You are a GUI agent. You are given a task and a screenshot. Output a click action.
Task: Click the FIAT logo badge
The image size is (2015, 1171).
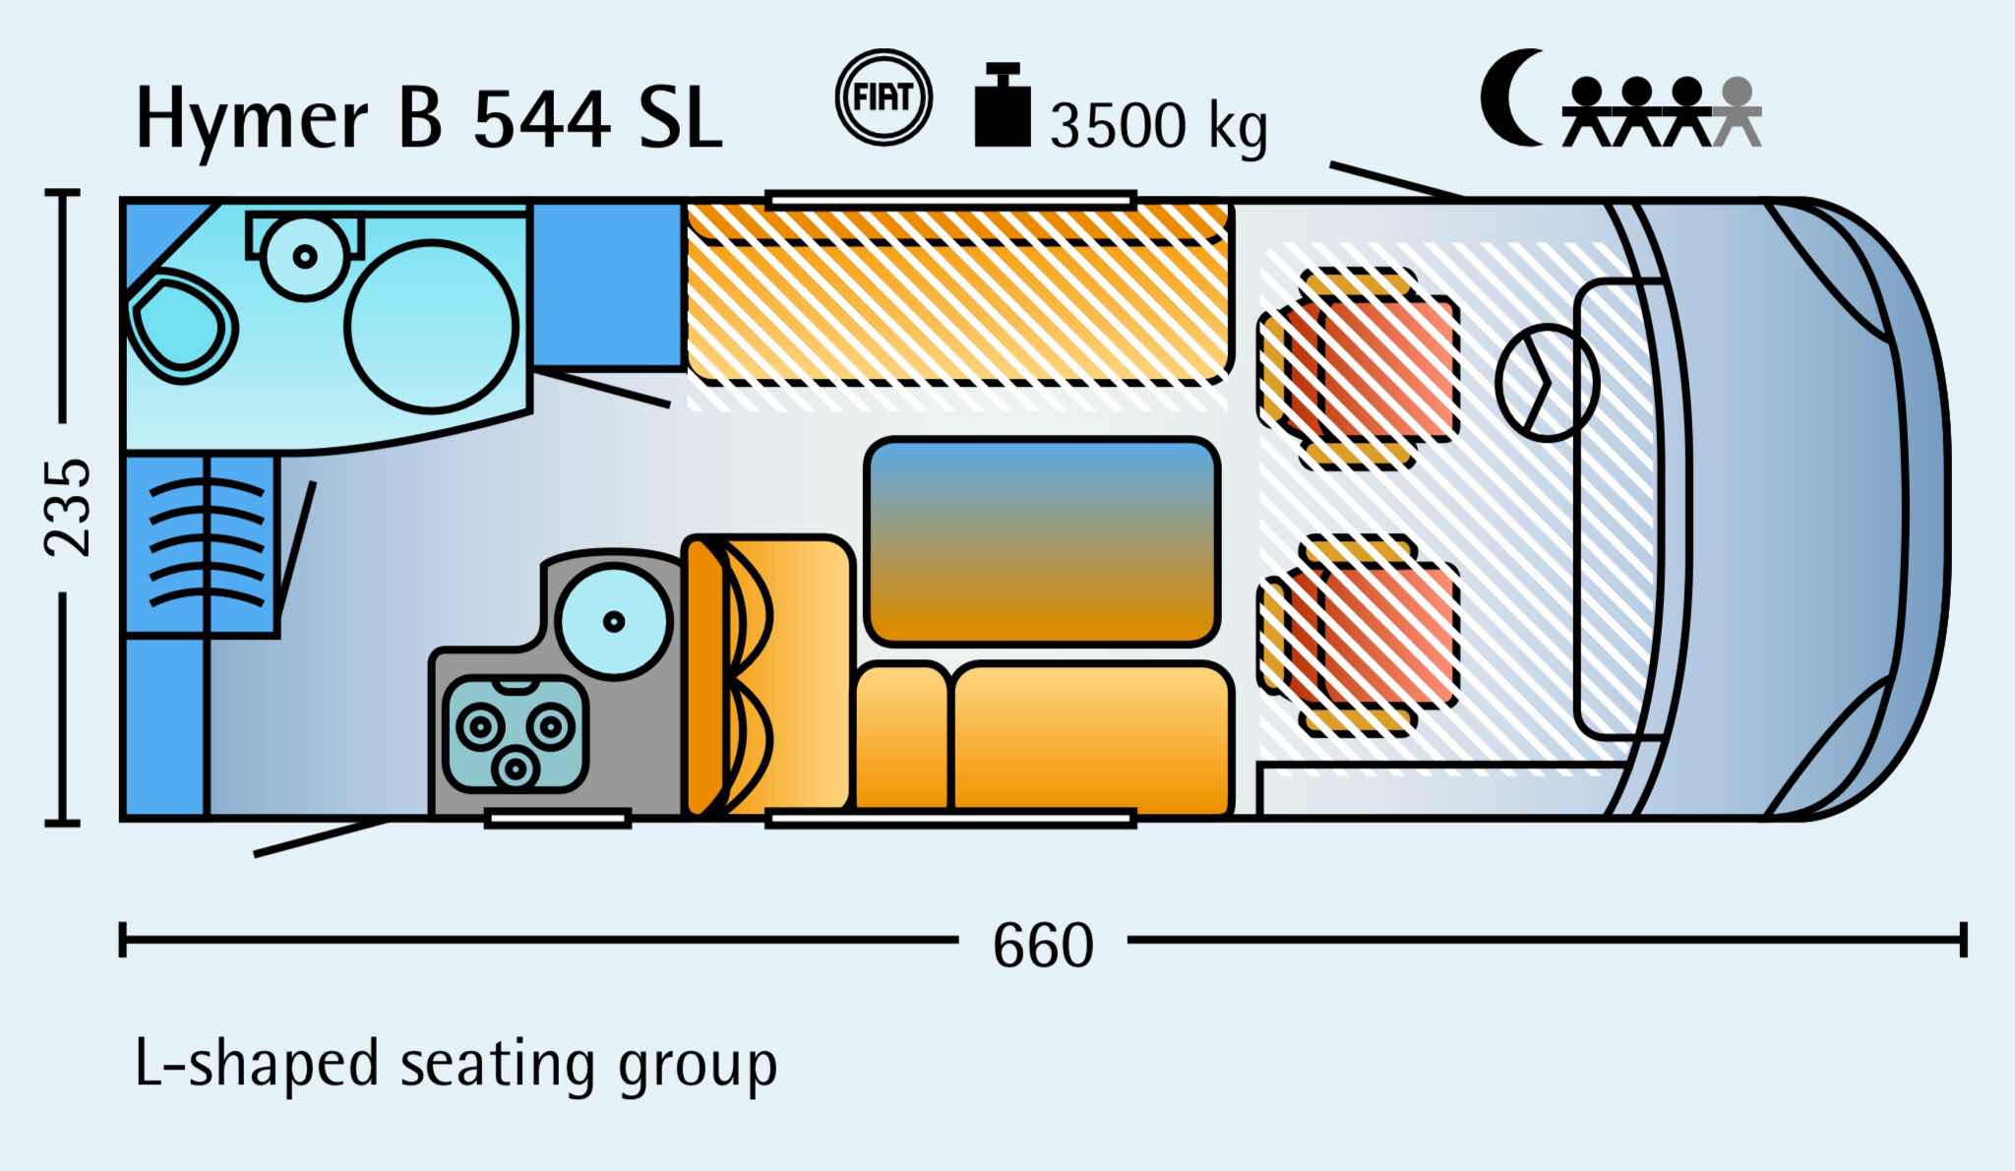click(x=883, y=97)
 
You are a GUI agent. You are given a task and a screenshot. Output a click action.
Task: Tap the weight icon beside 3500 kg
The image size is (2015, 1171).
click(x=1003, y=105)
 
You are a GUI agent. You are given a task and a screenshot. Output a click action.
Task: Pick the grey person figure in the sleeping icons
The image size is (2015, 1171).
click(x=1738, y=112)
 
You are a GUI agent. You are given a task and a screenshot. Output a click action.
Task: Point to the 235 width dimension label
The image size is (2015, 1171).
click(x=69, y=506)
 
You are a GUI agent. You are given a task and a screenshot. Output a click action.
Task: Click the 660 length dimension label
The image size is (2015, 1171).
click(x=1043, y=945)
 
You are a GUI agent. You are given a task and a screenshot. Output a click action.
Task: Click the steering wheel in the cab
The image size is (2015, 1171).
click(x=1546, y=383)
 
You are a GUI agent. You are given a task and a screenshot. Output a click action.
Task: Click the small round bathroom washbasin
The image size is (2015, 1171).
click(x=306, y=256)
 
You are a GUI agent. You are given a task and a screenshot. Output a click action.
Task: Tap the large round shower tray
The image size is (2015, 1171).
click(x=432, y=328)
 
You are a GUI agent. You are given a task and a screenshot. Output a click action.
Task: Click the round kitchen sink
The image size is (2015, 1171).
click(x=614, y=621)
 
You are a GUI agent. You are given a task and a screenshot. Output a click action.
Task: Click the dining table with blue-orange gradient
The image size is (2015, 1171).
click(x=1042, y=541)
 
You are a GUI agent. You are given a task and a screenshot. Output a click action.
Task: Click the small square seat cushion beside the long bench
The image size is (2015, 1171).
click(x=902, y=738)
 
